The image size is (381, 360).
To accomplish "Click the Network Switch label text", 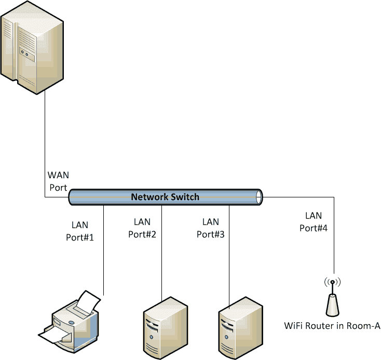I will pos(165,197).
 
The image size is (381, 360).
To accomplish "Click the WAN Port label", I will pos(58,180).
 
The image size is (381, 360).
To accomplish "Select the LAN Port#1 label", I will pos(80,231).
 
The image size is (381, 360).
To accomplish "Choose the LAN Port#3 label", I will pos(210,228).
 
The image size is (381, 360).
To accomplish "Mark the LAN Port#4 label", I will pos(314,221).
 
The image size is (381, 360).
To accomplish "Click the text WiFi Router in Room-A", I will pos(332,326).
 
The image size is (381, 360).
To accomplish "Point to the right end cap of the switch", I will pos(260,197).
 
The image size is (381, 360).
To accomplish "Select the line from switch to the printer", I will pos(104,249).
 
